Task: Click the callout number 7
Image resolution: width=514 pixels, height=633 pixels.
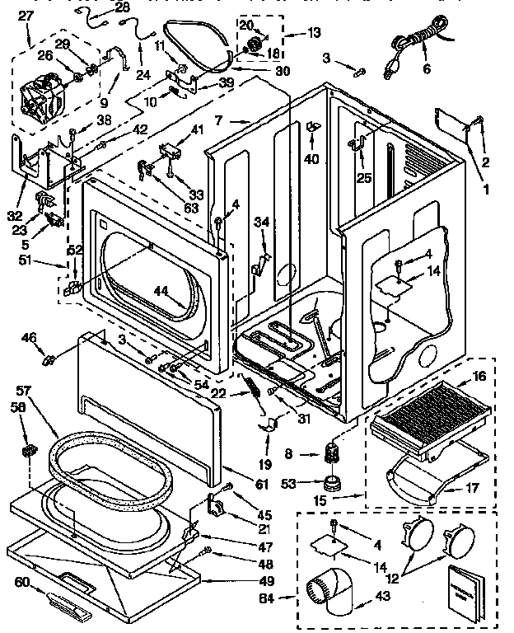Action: [x=219, y=121]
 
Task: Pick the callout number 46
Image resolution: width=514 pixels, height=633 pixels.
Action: [x=29, y=336]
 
